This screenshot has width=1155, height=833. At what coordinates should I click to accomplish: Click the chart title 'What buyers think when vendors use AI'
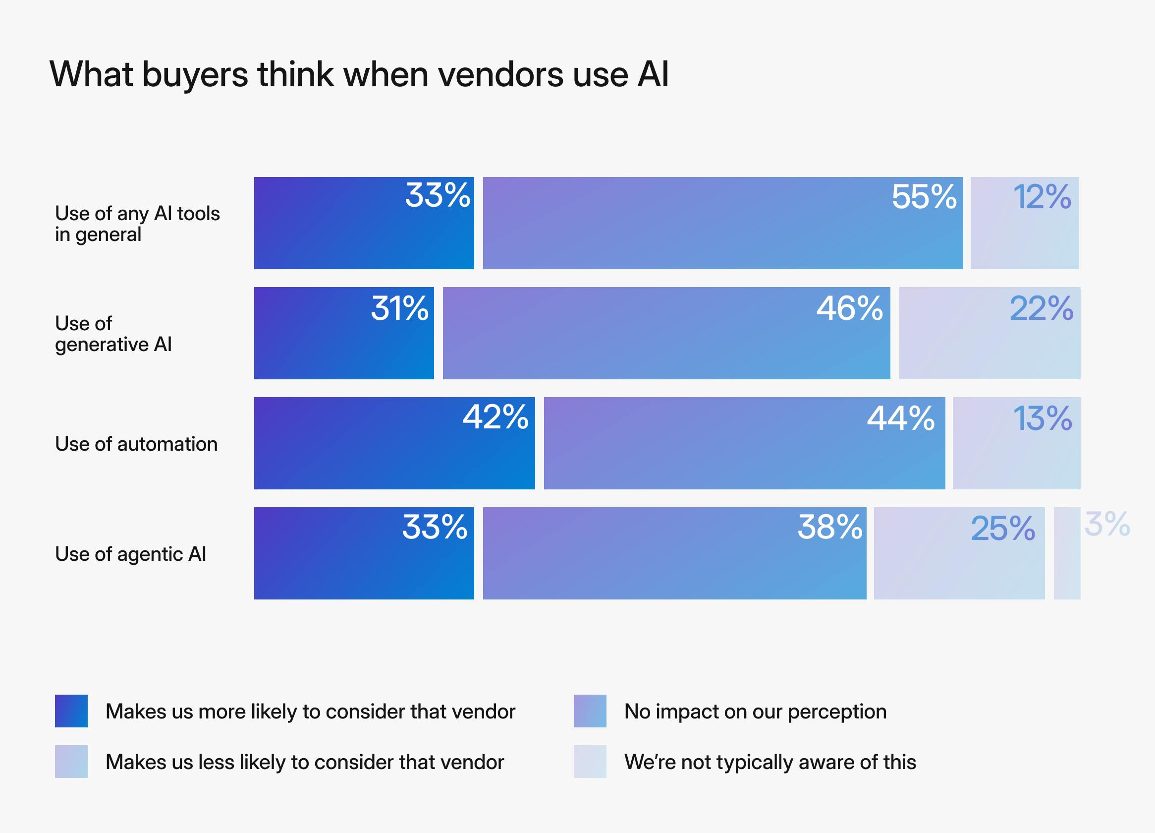coord(359,74)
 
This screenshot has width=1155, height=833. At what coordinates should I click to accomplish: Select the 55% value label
coord(924,197)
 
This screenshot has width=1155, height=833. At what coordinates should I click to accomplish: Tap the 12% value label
coord(1042,197)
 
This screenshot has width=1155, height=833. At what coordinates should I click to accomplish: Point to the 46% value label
coord(849,308)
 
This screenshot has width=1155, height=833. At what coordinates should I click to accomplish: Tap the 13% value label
coord(1043,418)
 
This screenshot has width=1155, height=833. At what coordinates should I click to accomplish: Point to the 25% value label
coord(1003,529)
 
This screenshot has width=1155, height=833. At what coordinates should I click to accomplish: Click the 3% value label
coord(1107,524)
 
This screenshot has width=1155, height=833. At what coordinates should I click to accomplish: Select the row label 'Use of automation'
coord(136,444)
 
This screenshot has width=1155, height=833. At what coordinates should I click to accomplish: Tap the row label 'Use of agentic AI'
coord(130,554)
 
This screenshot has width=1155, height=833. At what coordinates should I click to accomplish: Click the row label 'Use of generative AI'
coord(113,334)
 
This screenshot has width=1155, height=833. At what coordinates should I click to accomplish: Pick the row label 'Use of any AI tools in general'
coord(137,224)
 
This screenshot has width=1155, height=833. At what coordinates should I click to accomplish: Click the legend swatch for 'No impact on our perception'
coord(590,711)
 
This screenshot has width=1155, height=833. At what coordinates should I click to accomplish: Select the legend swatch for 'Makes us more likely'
coord(71,711)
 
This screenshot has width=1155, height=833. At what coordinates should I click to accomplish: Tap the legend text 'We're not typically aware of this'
coord(770,762)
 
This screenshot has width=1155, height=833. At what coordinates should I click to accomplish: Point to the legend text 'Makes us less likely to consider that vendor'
coord(305,762)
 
